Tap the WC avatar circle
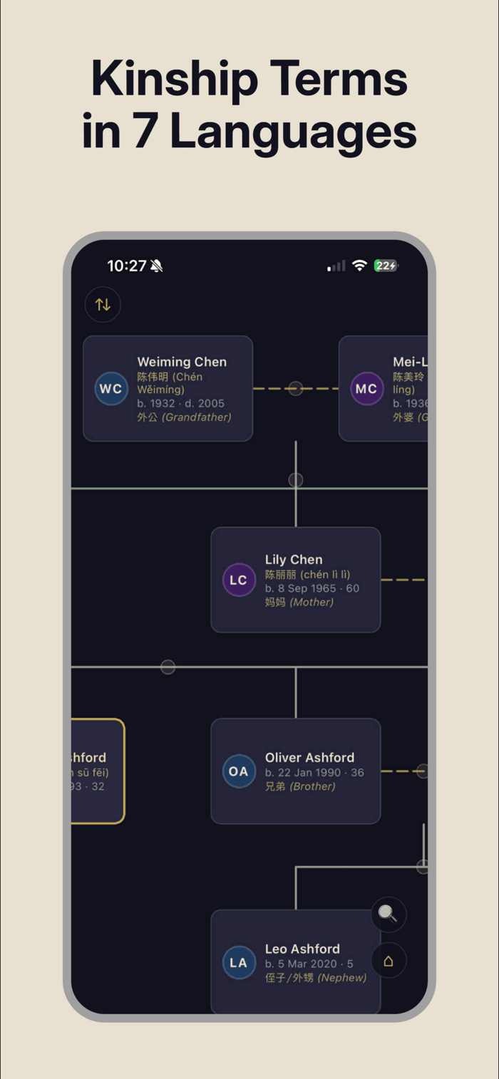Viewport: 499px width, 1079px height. click(x=111, y=389)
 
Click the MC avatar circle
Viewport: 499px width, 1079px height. click(x=366, y=389)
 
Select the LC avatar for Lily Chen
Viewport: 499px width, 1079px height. click(x=239, y=580)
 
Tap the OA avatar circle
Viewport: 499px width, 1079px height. click(x=239, y=771)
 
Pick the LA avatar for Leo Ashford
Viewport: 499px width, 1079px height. click(x=239, y=963)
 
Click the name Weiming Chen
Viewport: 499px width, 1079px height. click(x=182, y=362)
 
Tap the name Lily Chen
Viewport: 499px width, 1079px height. click(x=294, y=560)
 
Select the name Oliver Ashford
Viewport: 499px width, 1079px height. click(x=309, y=758)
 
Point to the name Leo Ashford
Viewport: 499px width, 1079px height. click(x=302, y=949)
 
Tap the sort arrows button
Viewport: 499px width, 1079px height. click(x=103, y=305)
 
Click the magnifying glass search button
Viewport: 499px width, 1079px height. click(x=389, y=914)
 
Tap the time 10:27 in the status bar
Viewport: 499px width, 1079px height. click(x=127, y=266)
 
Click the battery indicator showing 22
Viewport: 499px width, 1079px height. click(x=386, y=266)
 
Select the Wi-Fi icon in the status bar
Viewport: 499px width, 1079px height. click(x=360, y=266)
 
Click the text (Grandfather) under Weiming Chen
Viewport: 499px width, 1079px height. click(x=197, y=417)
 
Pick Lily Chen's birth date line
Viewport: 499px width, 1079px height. click(x=312, y=588)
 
